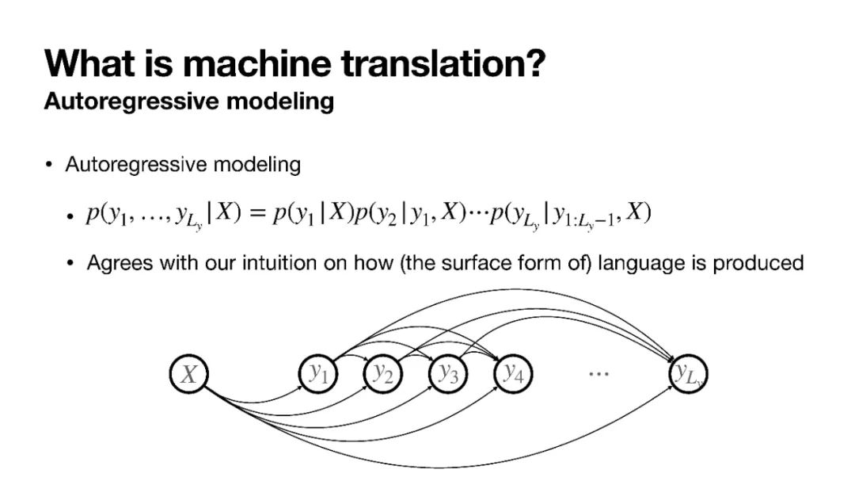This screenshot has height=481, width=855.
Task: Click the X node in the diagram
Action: pos(188,374)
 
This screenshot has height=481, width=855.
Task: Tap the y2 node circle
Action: pos(383,374)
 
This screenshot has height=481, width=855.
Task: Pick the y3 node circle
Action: pos(448,374)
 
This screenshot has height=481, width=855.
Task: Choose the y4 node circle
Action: pos(514,374)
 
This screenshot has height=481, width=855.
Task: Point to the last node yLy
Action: pos(686,374)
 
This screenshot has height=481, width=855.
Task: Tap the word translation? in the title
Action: pos(443,63)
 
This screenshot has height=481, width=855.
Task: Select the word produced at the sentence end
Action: pos(758,263)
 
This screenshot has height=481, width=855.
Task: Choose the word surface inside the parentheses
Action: pos(481,263)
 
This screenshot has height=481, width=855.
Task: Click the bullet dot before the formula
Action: pos(70,216)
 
